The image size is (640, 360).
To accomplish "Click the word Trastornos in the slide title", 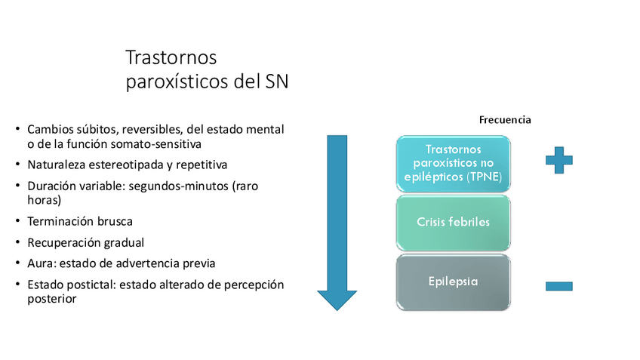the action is pyautogui.click(x=171, y=58).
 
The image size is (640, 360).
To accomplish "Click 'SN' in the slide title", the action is pyautogui.click(x=277, y=82).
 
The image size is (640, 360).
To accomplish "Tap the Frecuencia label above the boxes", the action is pyautogui.click(x=505, y=120).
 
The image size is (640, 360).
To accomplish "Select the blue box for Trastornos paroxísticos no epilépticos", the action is pyautogui.click(x=453, y=164).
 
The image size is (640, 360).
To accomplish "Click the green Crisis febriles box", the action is pyautogui.click(x=453, y=222).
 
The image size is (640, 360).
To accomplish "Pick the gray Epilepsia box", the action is pyautogui.click(x=453, y=281).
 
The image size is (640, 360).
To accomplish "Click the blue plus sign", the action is pyautogui.click(x=558, y=160).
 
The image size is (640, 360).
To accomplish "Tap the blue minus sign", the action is pyautogui.click(x=558, y=286).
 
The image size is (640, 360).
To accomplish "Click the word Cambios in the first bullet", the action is pyautogui.click(x=49, y=130).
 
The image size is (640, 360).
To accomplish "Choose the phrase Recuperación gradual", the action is pyautogui.click(x=85, y=243).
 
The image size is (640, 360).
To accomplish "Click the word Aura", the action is pyautogui.click(x=41, y=263).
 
